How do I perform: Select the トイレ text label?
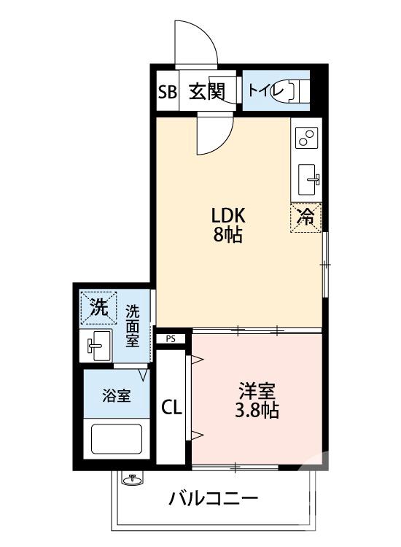coord(261,91)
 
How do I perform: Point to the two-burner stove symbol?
coord(307,138)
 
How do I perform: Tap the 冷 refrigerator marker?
coord(307,217)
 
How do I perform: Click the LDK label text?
coord(228,216)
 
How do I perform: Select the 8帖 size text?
coord(228,236)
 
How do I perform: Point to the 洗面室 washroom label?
coord(132,326)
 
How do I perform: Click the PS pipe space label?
coord(171,338)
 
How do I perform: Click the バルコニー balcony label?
coord(214,500)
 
